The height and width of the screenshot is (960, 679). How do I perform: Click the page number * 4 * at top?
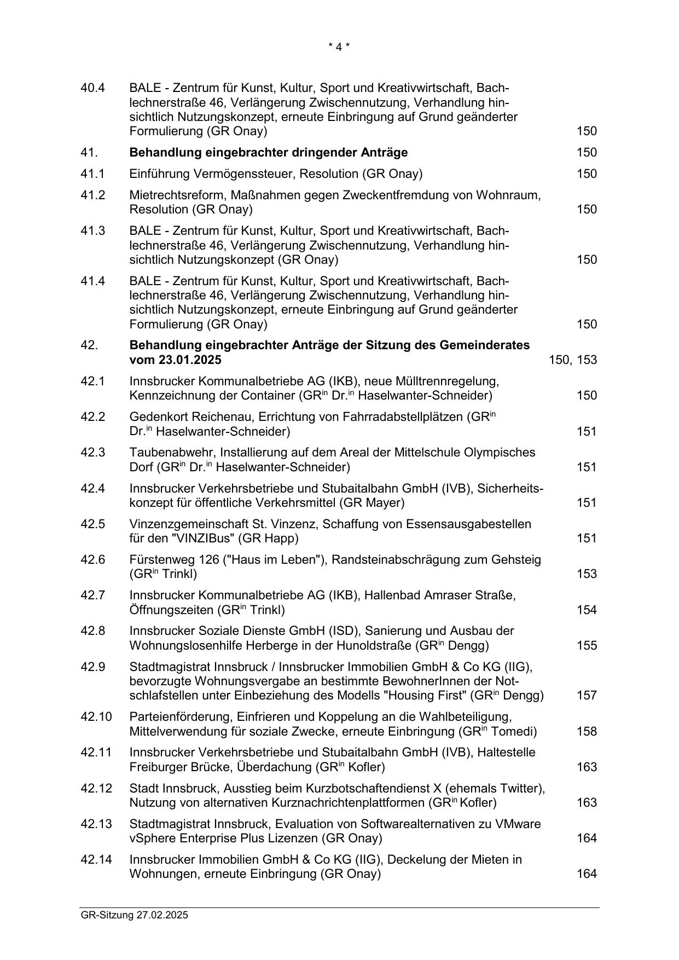coord(339,47)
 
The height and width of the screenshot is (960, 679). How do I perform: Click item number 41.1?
coord(92,174)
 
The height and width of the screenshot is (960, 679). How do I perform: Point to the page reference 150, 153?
coord(572,360)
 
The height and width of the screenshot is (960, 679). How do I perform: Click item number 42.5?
coord(92,524)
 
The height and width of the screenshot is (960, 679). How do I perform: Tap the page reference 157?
coord(587,696)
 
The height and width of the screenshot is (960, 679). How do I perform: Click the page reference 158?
coord(587,731)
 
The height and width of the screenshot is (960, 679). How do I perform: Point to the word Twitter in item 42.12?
coord(524,789)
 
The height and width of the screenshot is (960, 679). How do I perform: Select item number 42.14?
coord(96,860)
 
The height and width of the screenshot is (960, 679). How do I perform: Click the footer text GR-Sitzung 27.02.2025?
coord(134,915)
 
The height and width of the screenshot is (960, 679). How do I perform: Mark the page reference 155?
coord(587,645)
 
